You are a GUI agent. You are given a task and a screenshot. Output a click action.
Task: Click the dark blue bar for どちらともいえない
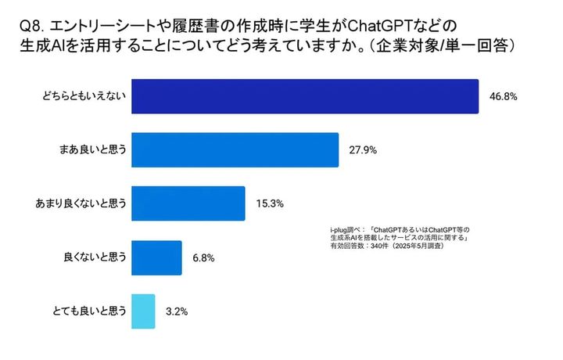(x=305, y=97)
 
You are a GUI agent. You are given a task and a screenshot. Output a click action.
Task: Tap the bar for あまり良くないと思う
(x=188, y=203)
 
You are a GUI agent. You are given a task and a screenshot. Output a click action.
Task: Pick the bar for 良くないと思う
(x=156, y=257)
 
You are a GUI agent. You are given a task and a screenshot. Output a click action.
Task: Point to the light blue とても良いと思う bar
(x=143, y=311)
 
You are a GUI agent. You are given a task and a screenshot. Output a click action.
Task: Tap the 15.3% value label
(x=269, y=203)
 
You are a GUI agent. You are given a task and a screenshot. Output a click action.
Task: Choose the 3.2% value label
(x=177, y=311)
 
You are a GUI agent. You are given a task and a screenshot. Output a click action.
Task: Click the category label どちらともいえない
(x=84, y=97)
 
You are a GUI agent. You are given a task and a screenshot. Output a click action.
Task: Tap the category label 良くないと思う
(x=95, y=257)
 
